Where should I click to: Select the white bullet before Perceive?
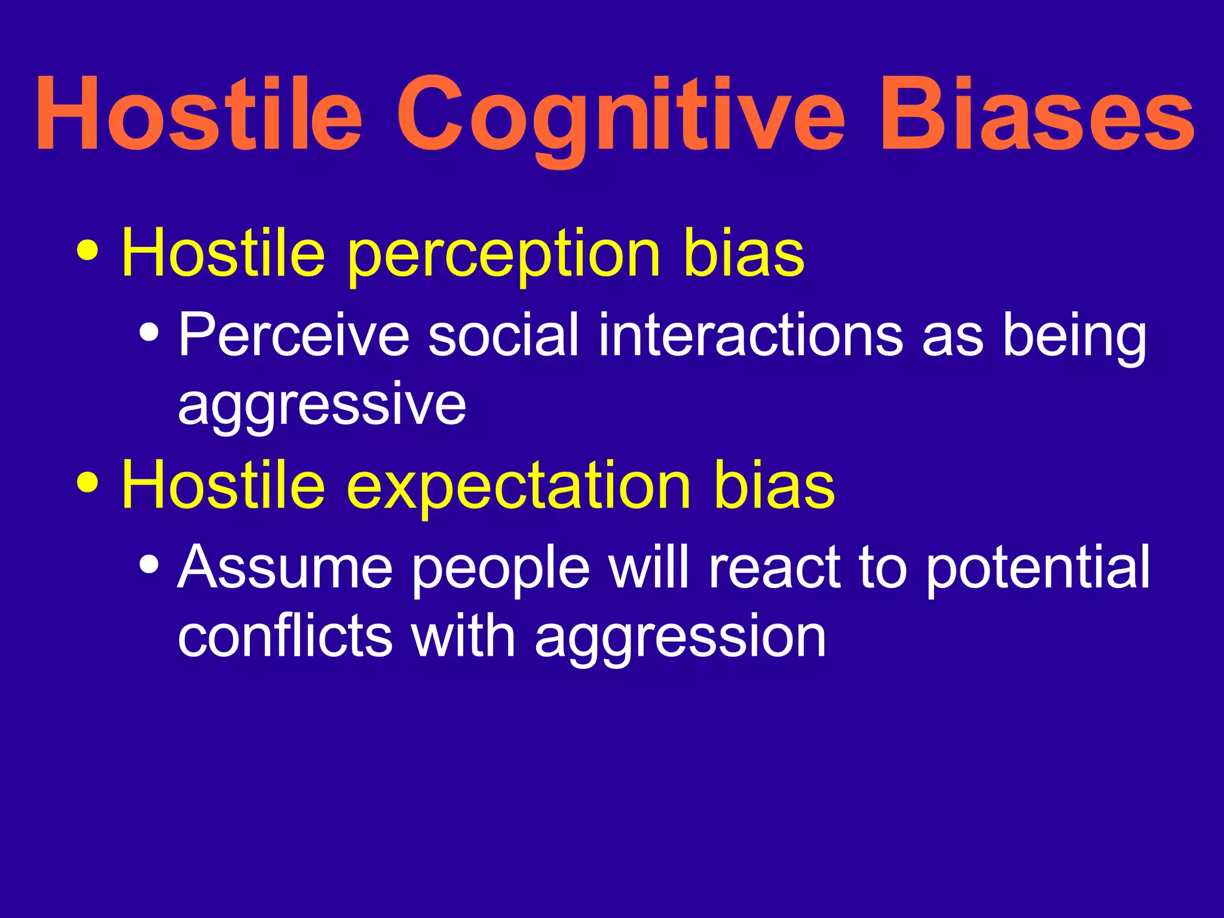tap(149, 331)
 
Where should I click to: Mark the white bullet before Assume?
tap(149, 563)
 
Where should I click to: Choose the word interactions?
tap(751, 335)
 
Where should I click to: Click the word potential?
tap(1038, 568)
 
